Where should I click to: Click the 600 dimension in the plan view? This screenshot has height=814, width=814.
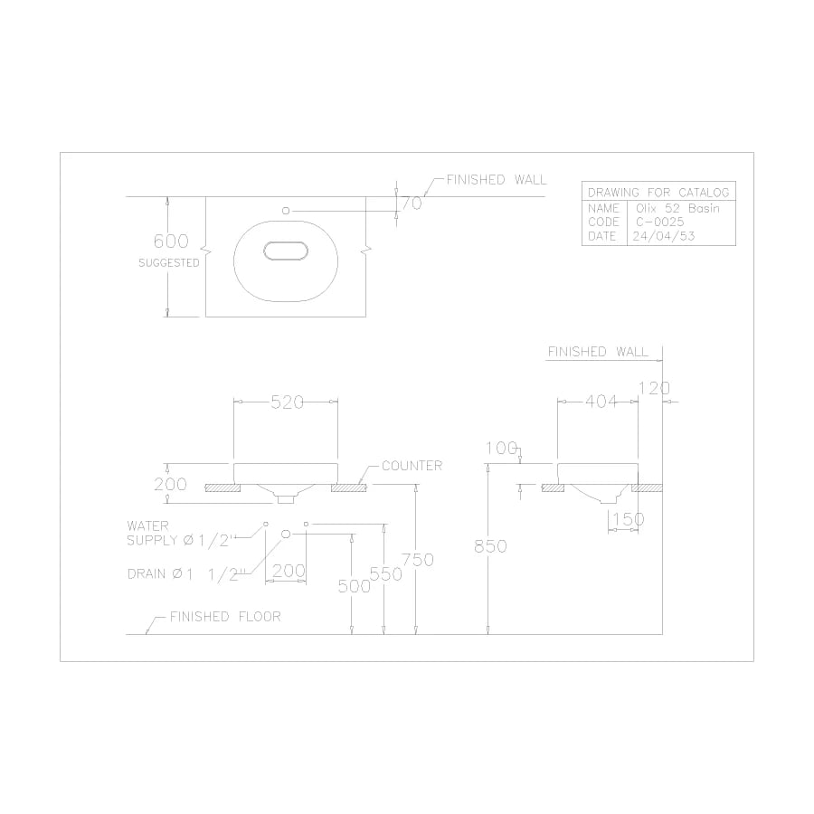click(171, 241)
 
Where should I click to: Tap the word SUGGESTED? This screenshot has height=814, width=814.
click(168, 263)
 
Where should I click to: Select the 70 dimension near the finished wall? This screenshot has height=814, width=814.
click(412, 203)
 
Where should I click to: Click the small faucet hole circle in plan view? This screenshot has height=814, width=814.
click(286, 210)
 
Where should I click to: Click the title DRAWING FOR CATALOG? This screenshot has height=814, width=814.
click(658, 193)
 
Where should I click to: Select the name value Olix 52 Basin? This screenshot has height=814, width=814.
click(678, 207)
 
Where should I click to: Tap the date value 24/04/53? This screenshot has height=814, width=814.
click(666, 236)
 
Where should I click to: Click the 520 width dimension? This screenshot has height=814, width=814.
click(287, 403)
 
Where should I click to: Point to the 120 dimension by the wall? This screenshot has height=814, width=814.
click(654, 388)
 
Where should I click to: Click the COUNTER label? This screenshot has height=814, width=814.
click(412, 466)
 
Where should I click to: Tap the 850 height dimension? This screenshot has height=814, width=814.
click(490, 546)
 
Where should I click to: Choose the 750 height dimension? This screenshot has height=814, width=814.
click(418, 560)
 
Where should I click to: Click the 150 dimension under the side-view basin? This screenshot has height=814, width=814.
click(626, 519)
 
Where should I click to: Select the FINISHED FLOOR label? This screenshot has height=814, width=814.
click(225, 617)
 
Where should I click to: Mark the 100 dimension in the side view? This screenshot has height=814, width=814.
click(501, 448)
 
